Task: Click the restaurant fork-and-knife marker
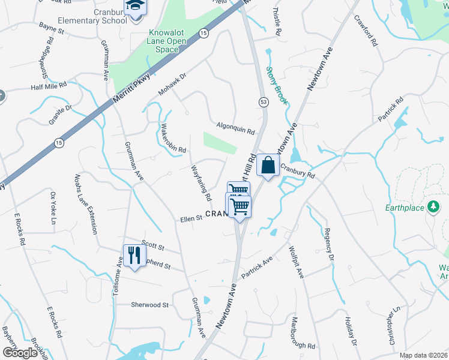pyautogui.click(x=134, y=255)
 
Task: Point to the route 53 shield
pyautogui.click(x=263, y=103)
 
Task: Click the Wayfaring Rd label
pyautogui.click(x=200, y=183)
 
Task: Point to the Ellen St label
pyautogui.click(x=191, y=220)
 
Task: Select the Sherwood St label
pyautogui.click(x=149, y=305)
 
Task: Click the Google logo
pyautogui.click(x=20, y=353)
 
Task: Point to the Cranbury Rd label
pyautogui.click(x=297, y=173)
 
